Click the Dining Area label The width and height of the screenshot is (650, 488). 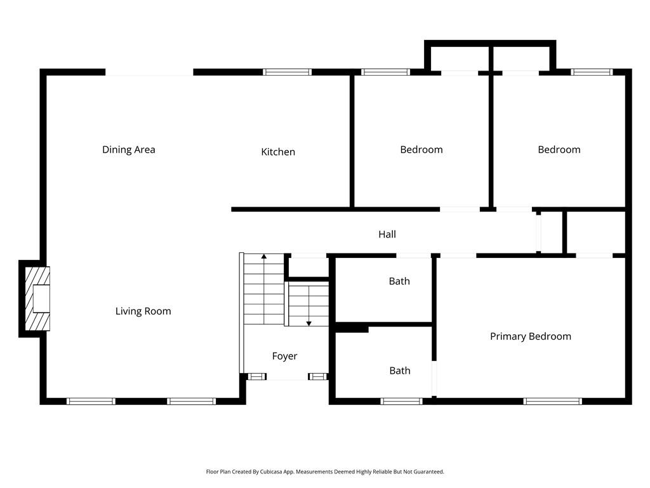[129, 150]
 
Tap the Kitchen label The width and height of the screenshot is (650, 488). [278, 152]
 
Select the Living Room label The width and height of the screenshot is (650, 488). [143, 311]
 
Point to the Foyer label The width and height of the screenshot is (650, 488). [284, 356]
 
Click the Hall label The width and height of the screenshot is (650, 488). [387, 234]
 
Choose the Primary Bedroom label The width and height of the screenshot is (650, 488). [530, 337]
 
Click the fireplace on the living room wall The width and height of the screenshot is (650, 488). [37, 299]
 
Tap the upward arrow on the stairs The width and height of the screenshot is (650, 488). [264, 257]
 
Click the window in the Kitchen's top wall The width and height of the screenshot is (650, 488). [288, 72]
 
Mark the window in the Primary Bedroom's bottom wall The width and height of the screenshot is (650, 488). [552, 401]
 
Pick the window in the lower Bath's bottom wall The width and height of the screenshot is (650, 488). [401, 401]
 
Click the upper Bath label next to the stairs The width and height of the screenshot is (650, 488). [399, 281]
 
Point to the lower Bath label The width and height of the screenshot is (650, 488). [400, 371]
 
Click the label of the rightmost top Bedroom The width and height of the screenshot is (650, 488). [559, 150]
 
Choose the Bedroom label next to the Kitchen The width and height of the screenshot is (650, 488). [421, 150]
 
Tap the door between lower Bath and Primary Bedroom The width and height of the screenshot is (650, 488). [435, 379]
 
